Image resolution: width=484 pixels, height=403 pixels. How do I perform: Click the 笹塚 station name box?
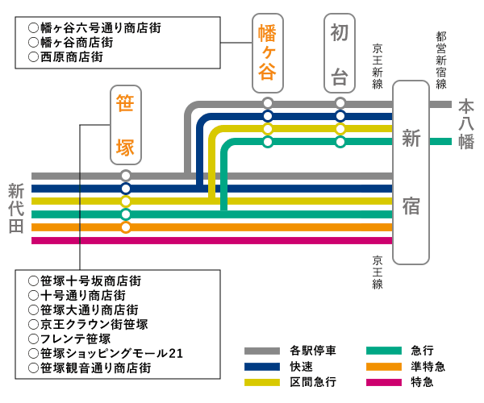click(125, 126)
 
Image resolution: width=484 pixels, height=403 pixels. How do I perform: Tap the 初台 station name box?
click(340, 53)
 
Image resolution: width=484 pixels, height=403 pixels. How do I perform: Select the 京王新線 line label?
click(378, 65)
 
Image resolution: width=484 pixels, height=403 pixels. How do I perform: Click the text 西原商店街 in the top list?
click(70, 57)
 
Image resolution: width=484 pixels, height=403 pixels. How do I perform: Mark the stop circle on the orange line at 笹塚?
click(125, 227)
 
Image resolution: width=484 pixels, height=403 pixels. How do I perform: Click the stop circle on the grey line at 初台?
click(340, 103)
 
